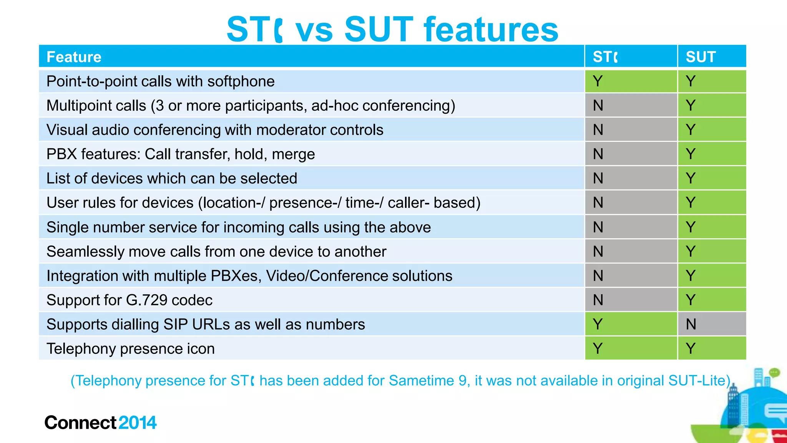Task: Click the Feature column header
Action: coord(74,57)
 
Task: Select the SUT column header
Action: coord(701,57)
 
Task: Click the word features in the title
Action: coord(491,30)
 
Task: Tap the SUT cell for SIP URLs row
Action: coord(691,324)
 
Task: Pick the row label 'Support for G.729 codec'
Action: coord(129,300)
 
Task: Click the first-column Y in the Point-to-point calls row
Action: coord(598,81)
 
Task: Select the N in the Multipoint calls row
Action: coord(598,105)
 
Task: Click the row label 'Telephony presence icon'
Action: coord(130,349)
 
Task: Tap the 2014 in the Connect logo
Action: coord(137,423)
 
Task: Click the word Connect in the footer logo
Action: coord(80,423)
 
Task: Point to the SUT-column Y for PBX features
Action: coord(691,154)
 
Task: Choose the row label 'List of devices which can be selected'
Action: coord(171,179)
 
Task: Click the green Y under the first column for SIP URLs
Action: coord(598,324)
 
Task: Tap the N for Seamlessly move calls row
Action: coord(598,252)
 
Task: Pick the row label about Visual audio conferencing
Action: coord(214,130)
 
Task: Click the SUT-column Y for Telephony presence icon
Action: coord(691,348)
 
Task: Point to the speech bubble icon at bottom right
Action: coord(776,412)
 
